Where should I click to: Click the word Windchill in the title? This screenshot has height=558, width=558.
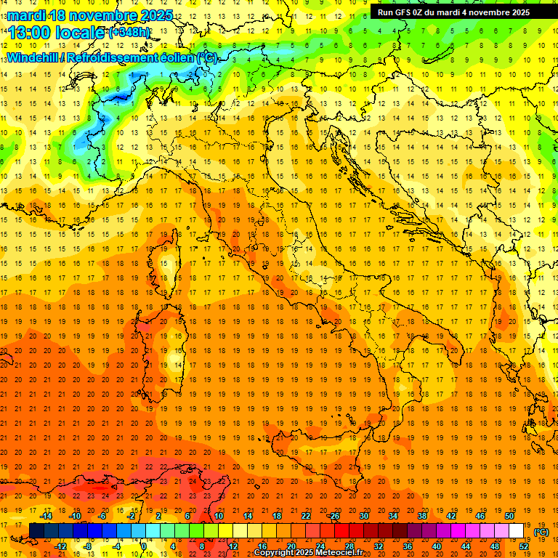click(x=31, y=57)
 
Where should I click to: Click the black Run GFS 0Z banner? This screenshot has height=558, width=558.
click(x=454, y=12)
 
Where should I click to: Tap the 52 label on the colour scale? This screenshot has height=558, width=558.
click(x=524, y=546)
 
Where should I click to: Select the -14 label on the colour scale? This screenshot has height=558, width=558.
click(x=46, y=515)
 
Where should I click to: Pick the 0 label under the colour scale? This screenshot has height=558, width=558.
click(x=144, y=546)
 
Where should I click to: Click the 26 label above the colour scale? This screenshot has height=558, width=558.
click(x=335, y=515)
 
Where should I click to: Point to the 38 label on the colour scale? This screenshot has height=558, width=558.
click(x=422, y=515)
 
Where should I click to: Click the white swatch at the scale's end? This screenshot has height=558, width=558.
click(x=517, y=530)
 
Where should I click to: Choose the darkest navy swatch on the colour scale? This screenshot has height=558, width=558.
click(x=37, y=530)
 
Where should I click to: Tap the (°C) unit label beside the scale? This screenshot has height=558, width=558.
click(x=541, y=531)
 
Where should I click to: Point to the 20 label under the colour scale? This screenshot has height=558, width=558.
click(x=291, y=546)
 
